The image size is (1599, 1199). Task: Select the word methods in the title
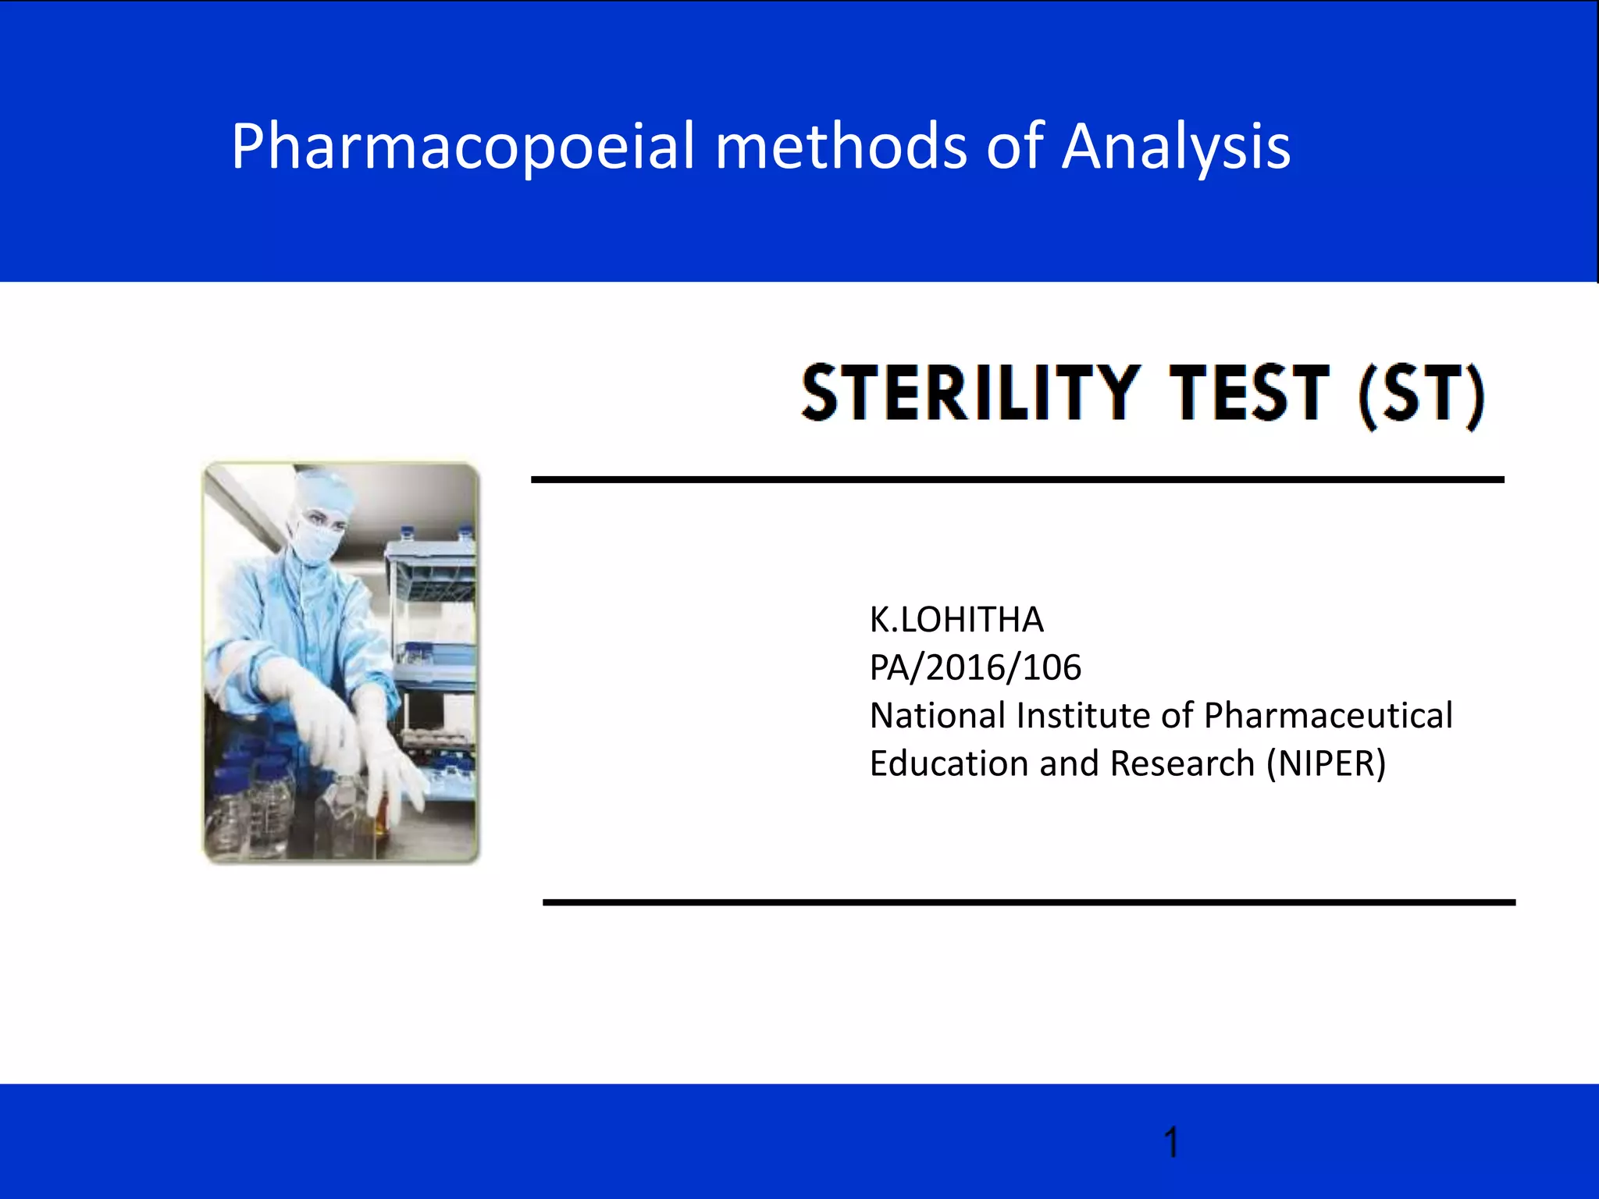(x=841, y=147)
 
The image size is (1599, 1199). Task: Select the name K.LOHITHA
(x=956, y=620)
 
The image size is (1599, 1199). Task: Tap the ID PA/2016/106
(x=975, y=668)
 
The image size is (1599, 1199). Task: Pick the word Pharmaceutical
(x=1327, y=716)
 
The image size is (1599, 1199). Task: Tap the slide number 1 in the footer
(x=1170, y=1143)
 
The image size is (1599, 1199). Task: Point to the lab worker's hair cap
(x=320, y=488)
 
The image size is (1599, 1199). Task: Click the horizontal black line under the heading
(x=1017, y=479)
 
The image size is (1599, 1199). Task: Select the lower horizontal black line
(x=1028, y=902)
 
